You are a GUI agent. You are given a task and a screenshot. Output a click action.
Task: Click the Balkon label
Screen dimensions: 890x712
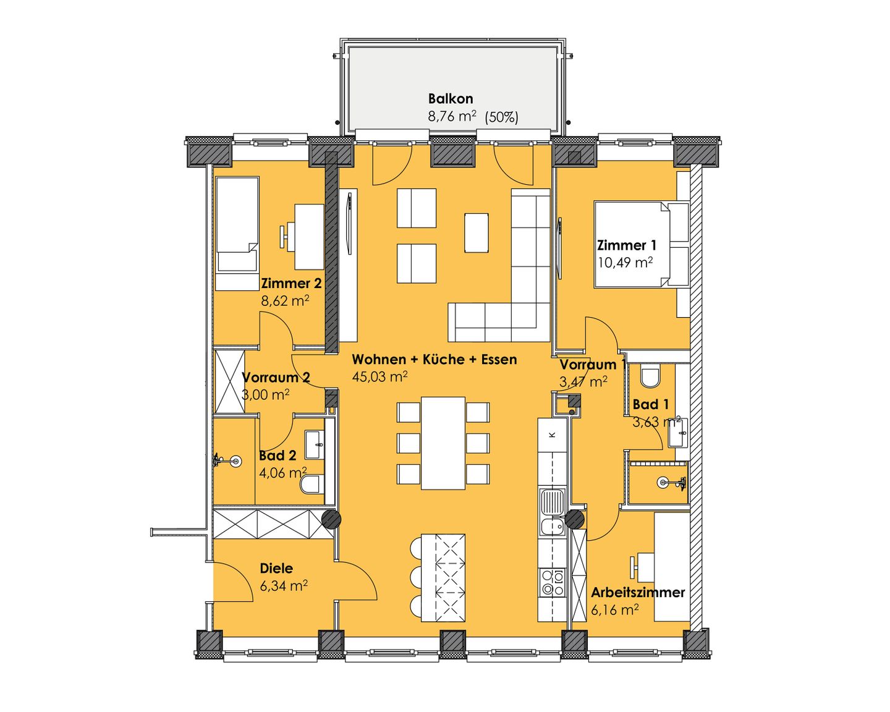pyautogui.click(x=451, y=99)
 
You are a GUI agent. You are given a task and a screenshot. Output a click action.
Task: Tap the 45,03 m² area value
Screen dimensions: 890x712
pyautogui.click(x=379, y=376)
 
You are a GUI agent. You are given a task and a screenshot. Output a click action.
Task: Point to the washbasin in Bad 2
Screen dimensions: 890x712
pyautogui.click(x=315, y=445)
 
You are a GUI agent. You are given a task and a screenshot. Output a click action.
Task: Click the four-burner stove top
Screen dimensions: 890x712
pyautogui.click(x=552, y=582)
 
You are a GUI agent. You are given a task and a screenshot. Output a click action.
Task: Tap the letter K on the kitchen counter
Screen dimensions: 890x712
pyautogui.click(x=552, y=434)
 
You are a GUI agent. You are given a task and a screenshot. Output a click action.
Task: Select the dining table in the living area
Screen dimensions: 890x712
pyautogui.click(x=443, y=443)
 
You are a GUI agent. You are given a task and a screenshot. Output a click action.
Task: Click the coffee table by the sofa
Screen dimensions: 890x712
pyautogui.click(x=476, y=232)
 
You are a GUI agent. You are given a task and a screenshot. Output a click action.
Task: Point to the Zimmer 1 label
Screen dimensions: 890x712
pyautogui.click(x=626, y=245)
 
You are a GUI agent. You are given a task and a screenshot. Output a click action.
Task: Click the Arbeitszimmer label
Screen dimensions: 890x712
pyautogui.click(x=638, y=593)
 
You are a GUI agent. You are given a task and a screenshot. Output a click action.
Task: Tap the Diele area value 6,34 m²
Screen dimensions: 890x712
pyautogui.click(x=284, y=585)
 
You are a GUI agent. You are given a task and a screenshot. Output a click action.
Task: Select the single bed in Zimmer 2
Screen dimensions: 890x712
pyautogui.click(x=237, y=234)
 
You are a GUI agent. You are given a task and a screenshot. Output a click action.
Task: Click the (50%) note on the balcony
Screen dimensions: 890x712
pyautogui.click(x=501, y=117)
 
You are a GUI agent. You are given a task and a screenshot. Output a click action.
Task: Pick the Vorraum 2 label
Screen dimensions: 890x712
pyautogui.click(x=276, y=377)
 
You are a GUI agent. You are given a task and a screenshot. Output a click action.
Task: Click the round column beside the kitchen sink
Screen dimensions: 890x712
pyautogui.click(x=574, y=520)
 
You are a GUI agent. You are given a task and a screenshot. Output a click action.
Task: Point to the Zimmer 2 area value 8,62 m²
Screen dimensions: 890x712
pyautogui.click(x=285, y=301)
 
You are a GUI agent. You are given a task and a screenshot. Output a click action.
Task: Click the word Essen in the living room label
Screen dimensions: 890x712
pyautogui.click(x=499, y=359)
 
